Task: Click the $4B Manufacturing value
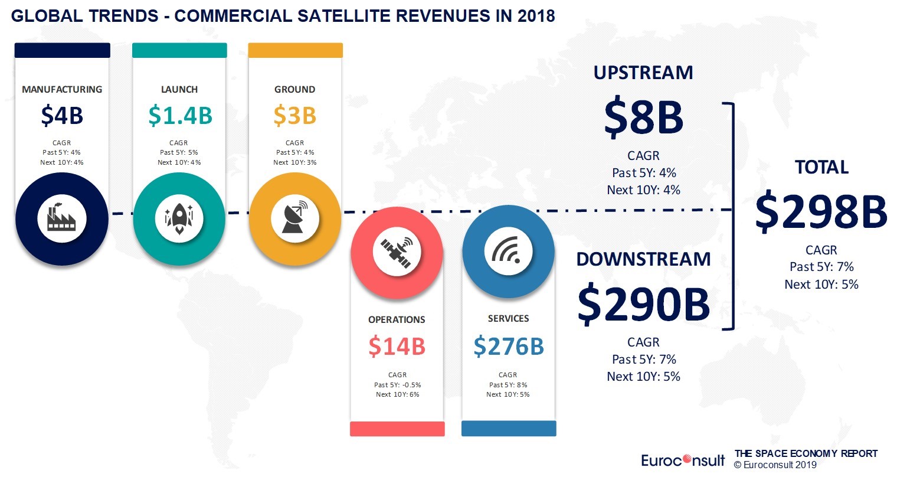click(62, 116)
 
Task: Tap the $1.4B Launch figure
click(180, 116)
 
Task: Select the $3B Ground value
click(294, 116)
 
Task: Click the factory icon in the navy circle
click(62, 218)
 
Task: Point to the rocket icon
click(179, 218)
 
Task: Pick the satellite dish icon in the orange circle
click(294, 218)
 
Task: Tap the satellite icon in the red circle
click(397, 252)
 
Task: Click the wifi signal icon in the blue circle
click(508, 252)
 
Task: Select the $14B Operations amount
click(397, 347)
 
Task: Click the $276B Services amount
click(508, 347)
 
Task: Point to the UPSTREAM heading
click(643, 73)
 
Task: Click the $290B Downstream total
click(643, 303)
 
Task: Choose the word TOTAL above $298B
click(821, 168)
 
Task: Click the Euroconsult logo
click(683, 460)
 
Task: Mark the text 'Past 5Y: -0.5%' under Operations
click(397, 385)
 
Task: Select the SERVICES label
click(508, 319)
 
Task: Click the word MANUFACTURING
click(62, 90)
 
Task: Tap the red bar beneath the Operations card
click(397, 429)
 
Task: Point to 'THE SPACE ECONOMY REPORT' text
click(806, 454)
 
